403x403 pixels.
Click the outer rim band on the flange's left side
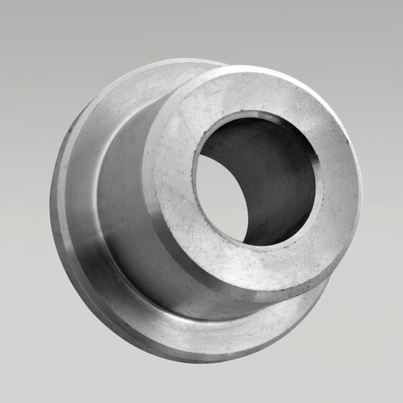[x=66, y=186]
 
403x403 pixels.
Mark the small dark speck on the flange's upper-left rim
[x=69, y=132]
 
